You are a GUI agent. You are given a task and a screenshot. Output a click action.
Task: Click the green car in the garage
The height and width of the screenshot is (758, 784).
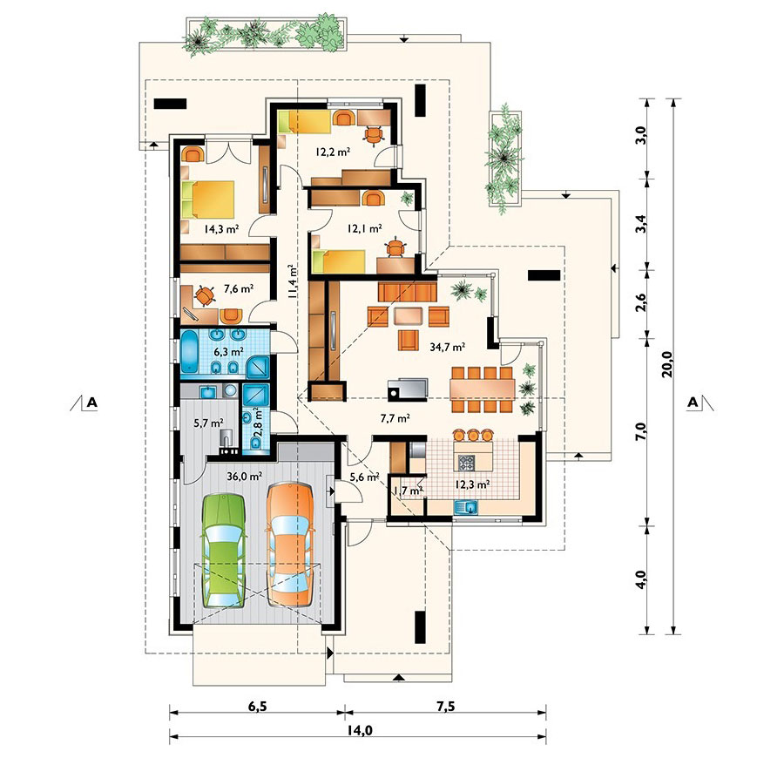224,550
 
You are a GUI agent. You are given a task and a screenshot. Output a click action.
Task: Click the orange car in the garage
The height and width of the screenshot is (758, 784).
290,545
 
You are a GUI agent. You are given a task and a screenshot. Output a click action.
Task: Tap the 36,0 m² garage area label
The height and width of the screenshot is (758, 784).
244,477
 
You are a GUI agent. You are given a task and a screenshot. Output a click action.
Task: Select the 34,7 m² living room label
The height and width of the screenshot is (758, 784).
448,347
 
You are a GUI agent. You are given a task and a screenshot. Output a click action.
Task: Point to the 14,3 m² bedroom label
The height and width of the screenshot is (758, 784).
221,229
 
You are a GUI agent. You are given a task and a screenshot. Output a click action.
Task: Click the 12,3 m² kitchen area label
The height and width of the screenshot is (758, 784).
472,484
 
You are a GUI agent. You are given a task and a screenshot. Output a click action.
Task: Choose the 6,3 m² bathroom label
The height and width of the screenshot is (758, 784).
228,351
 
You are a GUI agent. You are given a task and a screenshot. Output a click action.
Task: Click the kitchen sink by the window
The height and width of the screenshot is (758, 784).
466,507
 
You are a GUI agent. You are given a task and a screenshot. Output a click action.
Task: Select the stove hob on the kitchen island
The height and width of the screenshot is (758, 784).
467,462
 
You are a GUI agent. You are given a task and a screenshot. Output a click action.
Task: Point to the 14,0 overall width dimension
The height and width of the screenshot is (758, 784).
359,730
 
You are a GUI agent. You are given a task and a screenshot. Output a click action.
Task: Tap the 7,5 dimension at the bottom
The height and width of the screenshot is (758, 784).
445,706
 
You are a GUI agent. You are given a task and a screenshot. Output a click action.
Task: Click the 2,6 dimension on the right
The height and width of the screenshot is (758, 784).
641,302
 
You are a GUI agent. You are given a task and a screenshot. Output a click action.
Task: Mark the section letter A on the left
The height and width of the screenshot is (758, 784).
91,402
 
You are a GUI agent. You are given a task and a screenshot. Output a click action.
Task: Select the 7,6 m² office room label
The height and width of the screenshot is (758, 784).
239,288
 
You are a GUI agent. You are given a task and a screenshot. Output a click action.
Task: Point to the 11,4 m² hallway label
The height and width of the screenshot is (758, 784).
293,281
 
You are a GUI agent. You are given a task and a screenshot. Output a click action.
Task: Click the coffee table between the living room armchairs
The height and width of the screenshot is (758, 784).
408,316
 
